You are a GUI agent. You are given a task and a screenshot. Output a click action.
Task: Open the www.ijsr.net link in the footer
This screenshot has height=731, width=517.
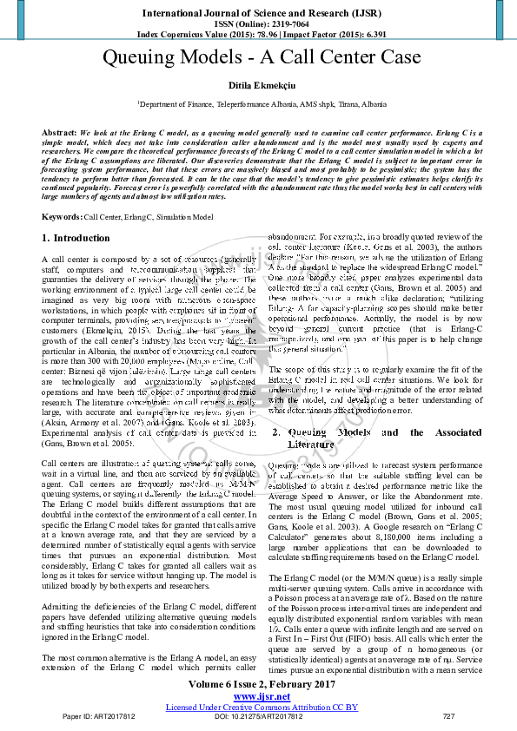coord(262,696)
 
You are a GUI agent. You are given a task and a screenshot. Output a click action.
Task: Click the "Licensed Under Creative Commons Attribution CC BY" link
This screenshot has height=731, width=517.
coord(262,707)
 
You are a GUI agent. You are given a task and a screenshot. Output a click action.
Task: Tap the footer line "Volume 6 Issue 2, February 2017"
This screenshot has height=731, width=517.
coord(262,686)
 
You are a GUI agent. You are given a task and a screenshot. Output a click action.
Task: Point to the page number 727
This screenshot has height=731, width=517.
coord(448,717)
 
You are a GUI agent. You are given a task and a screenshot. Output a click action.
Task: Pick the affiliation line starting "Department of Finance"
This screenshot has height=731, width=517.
coord(262,103)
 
